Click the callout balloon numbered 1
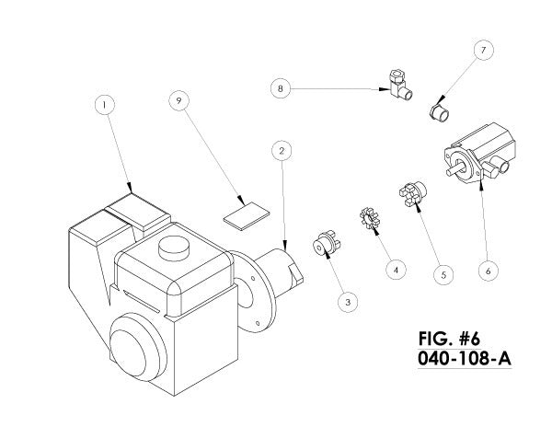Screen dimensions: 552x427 (105, 105)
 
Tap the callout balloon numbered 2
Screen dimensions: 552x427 (282, 151)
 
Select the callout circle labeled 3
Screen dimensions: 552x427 (348, 303)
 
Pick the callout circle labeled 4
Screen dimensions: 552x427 (396, 271)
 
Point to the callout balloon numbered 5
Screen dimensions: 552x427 (443, 274)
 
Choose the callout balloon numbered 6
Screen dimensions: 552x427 (489, 271)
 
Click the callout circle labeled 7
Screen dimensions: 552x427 (483, 50)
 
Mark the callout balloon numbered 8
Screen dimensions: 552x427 (281, 88)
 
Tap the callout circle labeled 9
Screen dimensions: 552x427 (178, 100)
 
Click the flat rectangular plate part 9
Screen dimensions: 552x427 (246, 216)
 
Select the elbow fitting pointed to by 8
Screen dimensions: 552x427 (400, 86)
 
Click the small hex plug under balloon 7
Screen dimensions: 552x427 (440, 112)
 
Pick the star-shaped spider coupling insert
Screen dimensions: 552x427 (368, 219)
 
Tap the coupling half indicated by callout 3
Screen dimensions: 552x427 (327, 242)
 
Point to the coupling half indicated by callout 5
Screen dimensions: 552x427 (412, 193)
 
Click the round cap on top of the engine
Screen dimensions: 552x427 (174, 248)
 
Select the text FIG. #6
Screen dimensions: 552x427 (449, 339)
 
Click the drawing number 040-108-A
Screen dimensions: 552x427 (465, 359)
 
